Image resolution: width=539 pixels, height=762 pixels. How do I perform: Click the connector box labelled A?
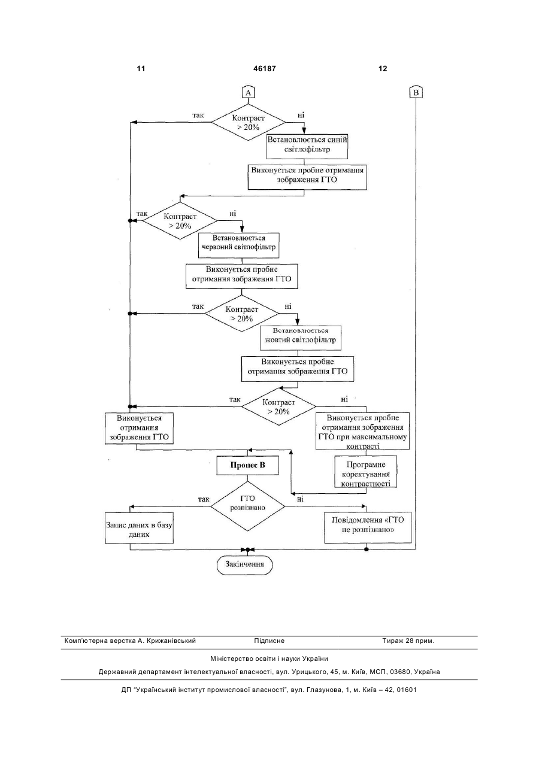248,92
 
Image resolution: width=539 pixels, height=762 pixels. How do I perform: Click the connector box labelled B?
416,92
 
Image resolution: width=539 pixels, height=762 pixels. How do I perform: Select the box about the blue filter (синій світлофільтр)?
307,146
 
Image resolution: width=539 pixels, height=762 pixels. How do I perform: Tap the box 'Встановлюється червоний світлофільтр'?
238,245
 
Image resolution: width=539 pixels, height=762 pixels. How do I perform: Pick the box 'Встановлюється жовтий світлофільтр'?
301,338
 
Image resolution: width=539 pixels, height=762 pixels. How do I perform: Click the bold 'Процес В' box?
248,465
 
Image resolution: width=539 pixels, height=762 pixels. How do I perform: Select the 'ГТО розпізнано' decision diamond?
247,506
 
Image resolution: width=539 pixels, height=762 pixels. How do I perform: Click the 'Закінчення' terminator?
245,564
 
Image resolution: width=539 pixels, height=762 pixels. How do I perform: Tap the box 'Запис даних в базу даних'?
139,528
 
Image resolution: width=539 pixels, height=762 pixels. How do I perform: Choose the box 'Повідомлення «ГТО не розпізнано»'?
368,527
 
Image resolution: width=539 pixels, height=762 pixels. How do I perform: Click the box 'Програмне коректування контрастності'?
366,472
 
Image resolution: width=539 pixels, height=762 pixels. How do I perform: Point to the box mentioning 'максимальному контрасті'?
362,431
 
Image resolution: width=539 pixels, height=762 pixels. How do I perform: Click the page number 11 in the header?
141,69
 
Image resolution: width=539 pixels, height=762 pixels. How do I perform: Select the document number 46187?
264,69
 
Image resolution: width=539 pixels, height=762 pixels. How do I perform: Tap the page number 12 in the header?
383,69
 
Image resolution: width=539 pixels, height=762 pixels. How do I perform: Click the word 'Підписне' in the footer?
269,641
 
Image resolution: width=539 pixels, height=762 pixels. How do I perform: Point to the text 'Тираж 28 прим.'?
408,641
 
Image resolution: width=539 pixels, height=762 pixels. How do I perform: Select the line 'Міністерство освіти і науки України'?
269,658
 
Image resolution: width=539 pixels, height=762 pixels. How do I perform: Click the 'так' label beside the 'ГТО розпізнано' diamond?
204,499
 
